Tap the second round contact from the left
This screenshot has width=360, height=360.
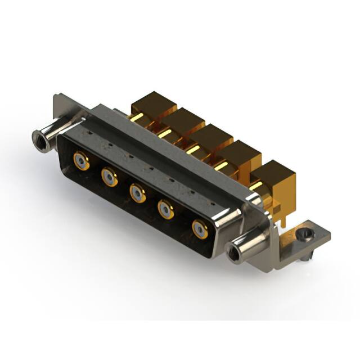[x=109, y=178]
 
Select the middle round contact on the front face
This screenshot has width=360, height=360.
[x=137, y=193]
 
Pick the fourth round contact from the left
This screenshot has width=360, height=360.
[x=166, y=210]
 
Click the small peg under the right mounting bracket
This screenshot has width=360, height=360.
[x=304, y=257]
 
